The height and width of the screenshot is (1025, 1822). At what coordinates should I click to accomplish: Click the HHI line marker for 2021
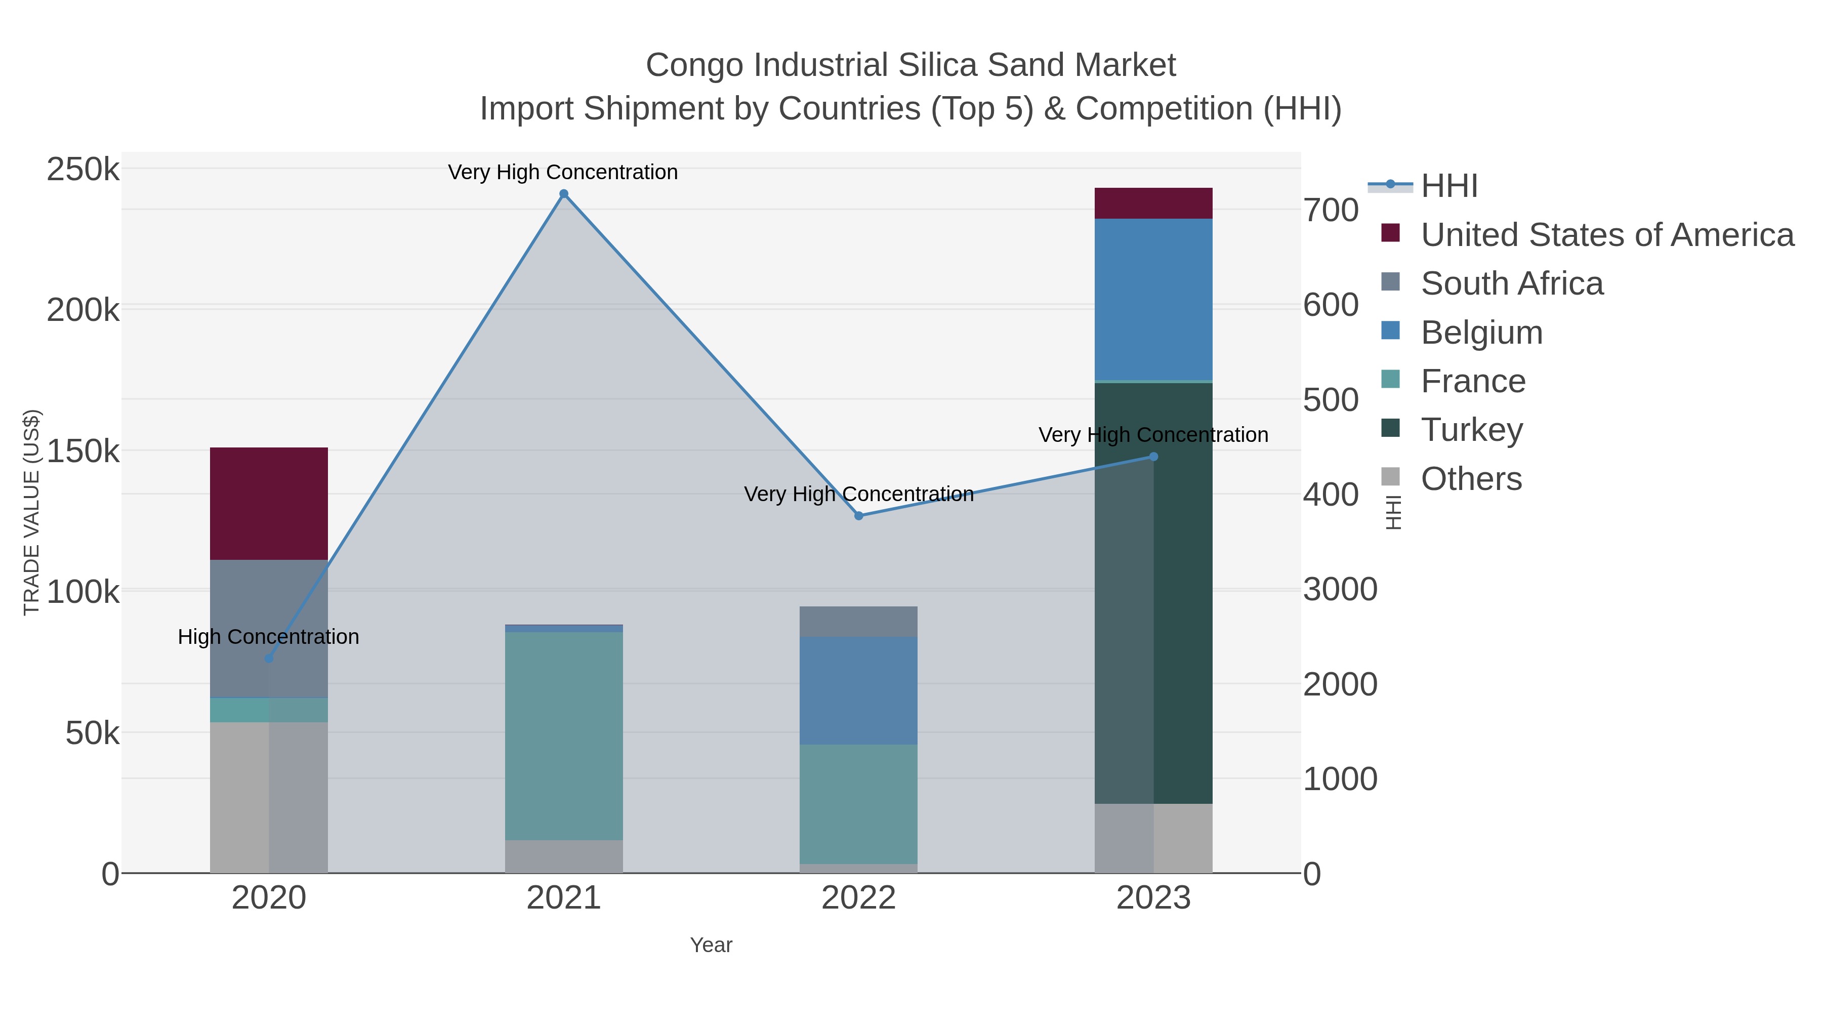click(x=564, y=194)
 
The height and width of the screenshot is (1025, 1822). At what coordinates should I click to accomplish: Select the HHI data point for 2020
click(x=269, y=659)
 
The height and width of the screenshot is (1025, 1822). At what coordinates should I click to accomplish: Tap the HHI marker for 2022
click(x=859, y=516)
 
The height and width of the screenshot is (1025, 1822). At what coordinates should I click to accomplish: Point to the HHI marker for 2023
click(x=1153, y=457)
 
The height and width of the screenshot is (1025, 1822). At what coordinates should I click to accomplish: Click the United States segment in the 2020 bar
click(x=269, y=504)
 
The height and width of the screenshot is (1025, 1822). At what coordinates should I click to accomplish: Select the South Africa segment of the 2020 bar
click(x=269, y=628)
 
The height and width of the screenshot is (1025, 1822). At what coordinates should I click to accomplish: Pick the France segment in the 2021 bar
click(x=564, y=735)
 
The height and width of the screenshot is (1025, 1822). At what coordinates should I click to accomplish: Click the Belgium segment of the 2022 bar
click(x=859, y=690)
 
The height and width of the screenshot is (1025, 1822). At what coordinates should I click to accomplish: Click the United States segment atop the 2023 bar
click(x=1153, y=203)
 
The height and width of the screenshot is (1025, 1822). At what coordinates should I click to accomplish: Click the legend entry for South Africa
click(x=1511, y=283)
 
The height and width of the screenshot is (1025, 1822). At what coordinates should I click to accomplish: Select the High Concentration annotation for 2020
click(x=269, y=637)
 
